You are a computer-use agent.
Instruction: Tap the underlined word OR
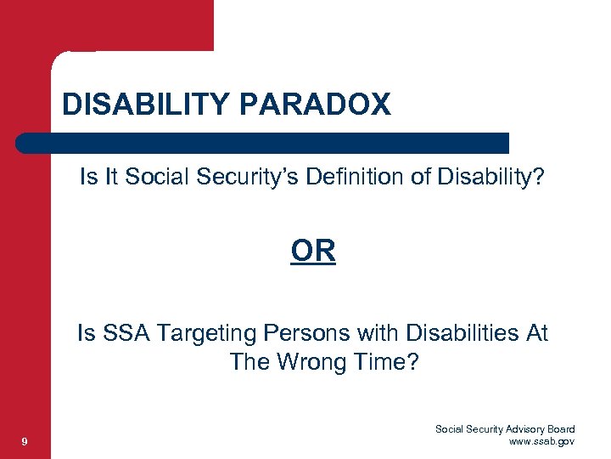pos(313,251)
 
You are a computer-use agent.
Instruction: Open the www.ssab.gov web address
pos(541,441)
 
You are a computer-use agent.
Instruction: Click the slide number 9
pos(26,441)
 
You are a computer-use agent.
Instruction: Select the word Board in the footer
pos(561,429)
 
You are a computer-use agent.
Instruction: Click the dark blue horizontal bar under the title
pos(263,143)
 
